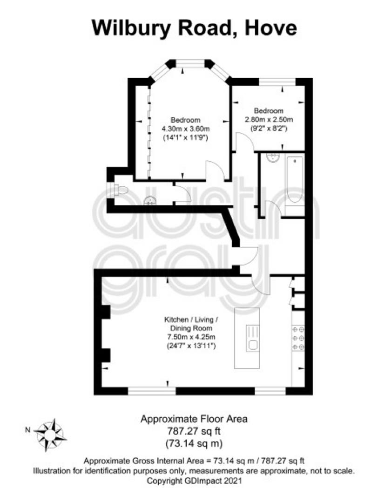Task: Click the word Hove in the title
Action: click(271, 28)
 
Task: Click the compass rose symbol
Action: click(50, 435)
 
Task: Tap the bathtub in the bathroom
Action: click(295, 180)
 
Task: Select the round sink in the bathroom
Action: click(273, 158)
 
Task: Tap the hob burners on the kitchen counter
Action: click(298, 338)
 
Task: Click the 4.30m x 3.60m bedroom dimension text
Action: click(186, 129)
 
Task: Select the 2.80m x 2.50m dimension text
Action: click(269, 120)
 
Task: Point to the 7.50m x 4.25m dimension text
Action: click(191, 337)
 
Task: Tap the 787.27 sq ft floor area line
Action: click(194, 431)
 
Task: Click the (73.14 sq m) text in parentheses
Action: click(194, 444)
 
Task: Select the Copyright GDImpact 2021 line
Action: click(194, 481)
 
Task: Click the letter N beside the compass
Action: click(27, 430)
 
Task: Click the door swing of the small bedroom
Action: click(244, 142)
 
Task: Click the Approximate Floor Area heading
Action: click(194, 419)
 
